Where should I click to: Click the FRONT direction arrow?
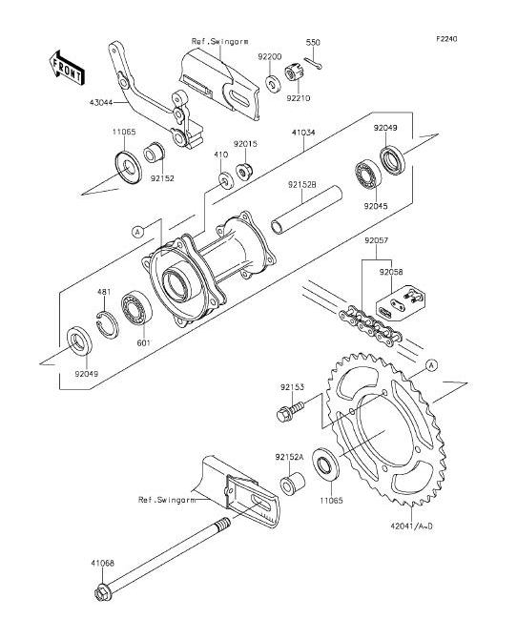(66, 68)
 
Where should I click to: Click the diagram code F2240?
(447, 39)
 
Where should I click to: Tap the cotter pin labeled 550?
(313, 63)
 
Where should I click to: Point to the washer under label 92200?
(272, 83)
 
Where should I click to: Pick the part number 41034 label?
(303, 133)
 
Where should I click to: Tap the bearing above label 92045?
(367, 175)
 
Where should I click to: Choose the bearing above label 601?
(136, 307)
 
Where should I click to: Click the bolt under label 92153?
(291, 410)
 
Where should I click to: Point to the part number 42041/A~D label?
(411, 526)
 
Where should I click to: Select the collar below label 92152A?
(292, 484)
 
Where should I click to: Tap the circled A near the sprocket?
(431, 366)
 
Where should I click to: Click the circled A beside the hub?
(137, 232)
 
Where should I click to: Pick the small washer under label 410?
(226, 180)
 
